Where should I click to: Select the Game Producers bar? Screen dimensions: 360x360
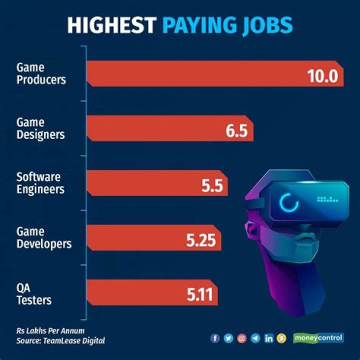[200, 74]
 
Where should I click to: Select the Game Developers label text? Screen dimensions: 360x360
[44, 237]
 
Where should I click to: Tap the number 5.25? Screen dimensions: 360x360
[200, 241]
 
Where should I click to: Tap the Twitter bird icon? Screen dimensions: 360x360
[229, 338]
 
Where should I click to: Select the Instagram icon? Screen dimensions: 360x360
[242, 338]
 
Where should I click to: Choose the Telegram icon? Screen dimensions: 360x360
[256, 338]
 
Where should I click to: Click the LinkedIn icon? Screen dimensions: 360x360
[269, 338]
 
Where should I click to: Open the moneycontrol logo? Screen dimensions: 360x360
[318, 338]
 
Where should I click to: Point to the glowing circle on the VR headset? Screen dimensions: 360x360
[288, 202]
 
